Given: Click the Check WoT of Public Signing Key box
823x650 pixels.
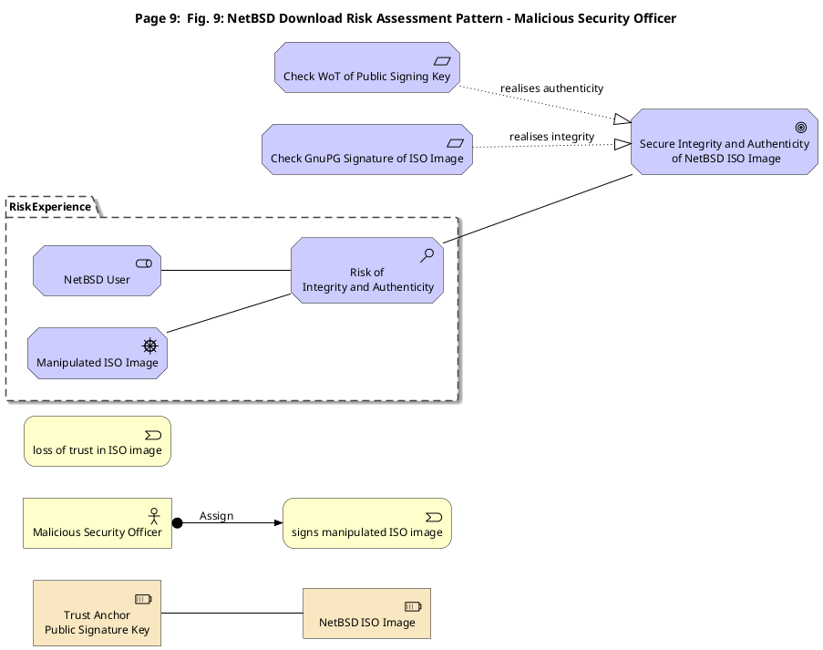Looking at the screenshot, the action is click(367, 67).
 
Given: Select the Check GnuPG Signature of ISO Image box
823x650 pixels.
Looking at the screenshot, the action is click(367, 150).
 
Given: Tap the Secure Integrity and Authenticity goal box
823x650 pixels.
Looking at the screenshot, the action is click(725, 142).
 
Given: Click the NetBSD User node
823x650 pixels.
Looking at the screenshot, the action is click(98, 271).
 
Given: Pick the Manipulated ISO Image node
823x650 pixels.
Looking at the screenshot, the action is click(98, 354).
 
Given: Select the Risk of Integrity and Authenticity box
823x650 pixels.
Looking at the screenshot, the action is click(367, 271).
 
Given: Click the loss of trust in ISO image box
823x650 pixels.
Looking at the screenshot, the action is click(98, 441).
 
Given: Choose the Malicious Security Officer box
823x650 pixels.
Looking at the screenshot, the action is click(98, 523).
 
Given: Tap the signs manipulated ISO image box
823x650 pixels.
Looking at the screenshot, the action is click(367, 523).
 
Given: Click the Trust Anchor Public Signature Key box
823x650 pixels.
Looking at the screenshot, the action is click(98, 614).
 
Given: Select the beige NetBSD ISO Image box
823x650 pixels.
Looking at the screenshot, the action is click(367, 614).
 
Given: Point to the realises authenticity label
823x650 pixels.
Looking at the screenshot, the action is click(551, 88).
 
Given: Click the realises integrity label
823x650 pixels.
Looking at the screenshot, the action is click(551, 137).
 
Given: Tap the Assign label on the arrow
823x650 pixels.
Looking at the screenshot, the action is click(216, 516).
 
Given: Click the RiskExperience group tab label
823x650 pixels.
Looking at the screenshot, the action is click(50, 207).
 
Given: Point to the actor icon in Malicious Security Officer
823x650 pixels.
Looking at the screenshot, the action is click(154, 516).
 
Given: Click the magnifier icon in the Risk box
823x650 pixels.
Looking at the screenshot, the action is click(427, 255).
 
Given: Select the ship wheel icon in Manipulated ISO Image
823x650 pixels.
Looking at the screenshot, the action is click(150, 346).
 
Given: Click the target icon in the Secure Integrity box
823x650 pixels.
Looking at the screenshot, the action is click(801, 127).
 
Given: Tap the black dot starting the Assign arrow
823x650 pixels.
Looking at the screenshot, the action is click(178, 523).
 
